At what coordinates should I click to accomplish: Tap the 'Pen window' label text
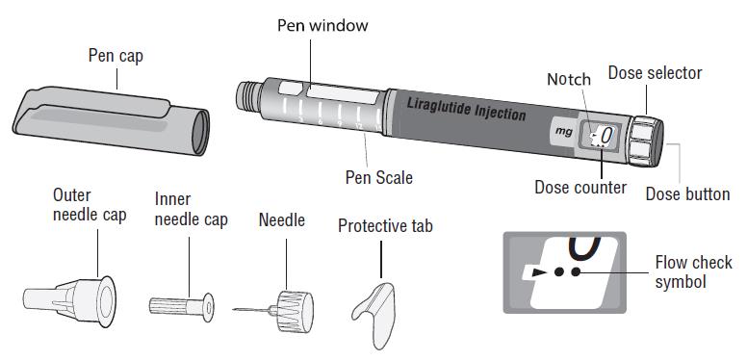322,25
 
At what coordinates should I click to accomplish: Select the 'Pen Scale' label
379,177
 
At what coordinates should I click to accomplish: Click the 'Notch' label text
569,79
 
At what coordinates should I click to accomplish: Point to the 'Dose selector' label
655,72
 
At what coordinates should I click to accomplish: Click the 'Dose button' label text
686,193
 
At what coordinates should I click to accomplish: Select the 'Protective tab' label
385,225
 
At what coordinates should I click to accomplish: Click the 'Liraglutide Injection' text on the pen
467,108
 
